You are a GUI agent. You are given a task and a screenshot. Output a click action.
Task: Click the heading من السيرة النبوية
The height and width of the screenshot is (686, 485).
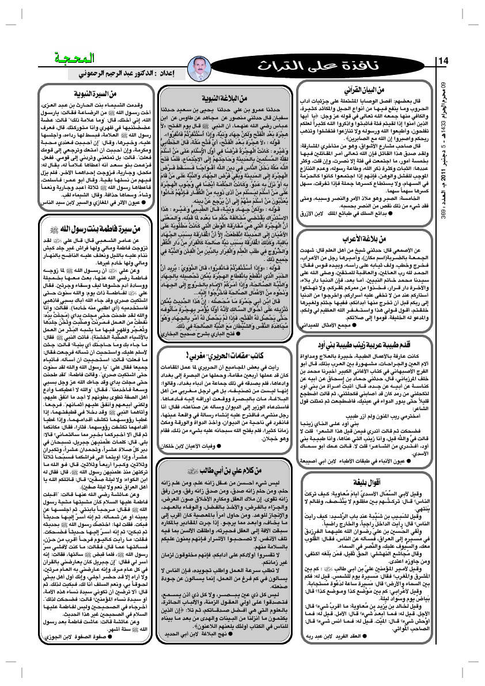[97, 92]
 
